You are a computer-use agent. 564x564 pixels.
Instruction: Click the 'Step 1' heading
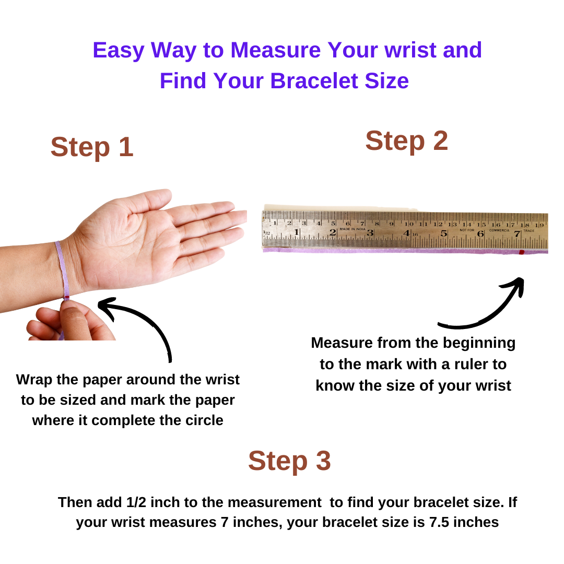click(x=92, y=147)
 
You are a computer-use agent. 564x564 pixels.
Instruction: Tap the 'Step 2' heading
click(x=406, y=141)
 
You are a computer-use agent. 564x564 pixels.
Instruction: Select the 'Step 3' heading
click(x=289, y=461)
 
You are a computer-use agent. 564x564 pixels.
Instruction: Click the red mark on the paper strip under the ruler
click(x=521, y=252)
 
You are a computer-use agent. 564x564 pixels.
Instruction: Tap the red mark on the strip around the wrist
click(x=66, y=298)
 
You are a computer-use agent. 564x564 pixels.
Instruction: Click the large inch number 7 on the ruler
click(x=517, y=234)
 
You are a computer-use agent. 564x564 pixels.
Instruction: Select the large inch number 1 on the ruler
click(x=297, y=232)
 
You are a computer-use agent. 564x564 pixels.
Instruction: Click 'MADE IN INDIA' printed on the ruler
click(x=352, y=229)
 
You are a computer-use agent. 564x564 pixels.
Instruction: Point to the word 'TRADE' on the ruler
click(x=528, y=230)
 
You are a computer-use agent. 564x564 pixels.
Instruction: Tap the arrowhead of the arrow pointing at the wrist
click(x=104, y=304)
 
